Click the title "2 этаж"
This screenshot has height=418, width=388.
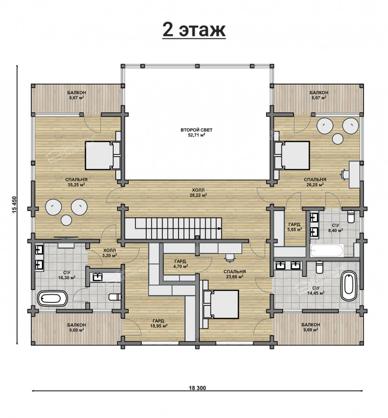coord(194,31)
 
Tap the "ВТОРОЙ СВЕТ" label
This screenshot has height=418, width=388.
coord(197,130)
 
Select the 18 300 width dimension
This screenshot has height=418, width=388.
coord(198,388)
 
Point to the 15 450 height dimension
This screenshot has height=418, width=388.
coord(15,205)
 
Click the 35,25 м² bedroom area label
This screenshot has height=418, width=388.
coord(76,184)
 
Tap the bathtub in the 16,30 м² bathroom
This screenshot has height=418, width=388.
coord(52,299)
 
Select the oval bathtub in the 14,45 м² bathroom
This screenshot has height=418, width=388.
coord(349,286)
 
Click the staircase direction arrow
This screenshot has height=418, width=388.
coord(219,229)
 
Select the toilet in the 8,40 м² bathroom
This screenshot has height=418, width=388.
coord(351,217)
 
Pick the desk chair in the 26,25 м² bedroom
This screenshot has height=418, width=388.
coord(344,174)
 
